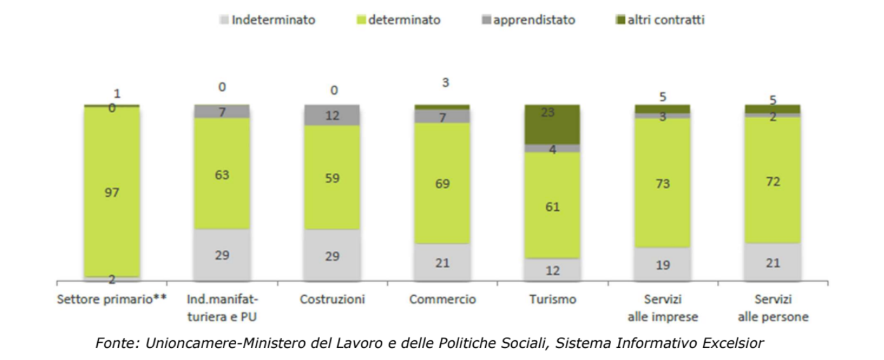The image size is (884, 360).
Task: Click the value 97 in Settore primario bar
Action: (x=112, y=192)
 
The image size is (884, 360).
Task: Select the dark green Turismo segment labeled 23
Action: (x=552, y=124)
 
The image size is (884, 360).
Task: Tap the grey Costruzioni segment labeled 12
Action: (x=331, y=116)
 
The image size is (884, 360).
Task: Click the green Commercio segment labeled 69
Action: (x=442, y=183)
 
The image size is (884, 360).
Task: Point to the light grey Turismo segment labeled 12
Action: (x=552, y=270)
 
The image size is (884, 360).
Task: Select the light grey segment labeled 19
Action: (x=662, y=264)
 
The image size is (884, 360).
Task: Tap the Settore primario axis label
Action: (x=112, y=299)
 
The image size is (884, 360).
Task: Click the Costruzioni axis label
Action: (x=331, y=299)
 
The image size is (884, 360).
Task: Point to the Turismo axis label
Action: (x=552, y=299)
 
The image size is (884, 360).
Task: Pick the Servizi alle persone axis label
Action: (x=772, y=307)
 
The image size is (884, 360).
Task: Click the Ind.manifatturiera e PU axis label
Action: (x=222, y=307)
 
